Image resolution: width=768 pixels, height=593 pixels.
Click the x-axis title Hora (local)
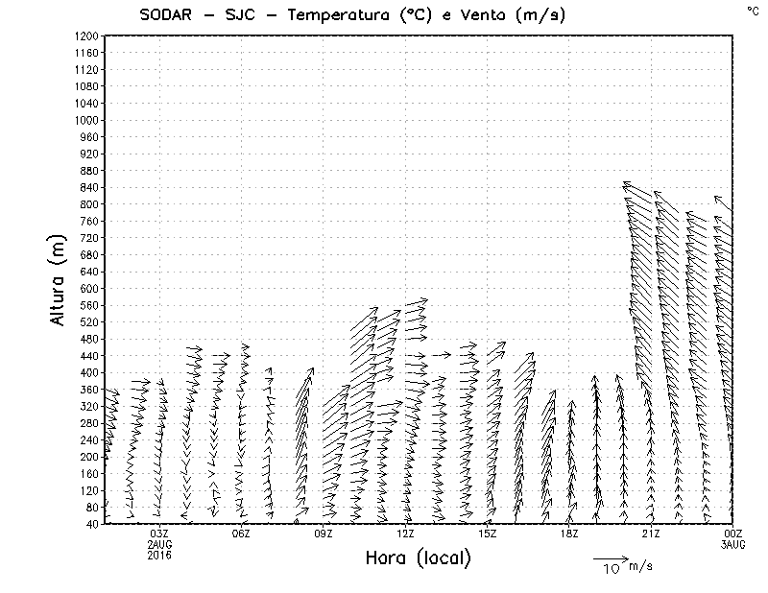tap(418, 558)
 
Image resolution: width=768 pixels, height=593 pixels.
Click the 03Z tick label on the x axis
tap(159, 534)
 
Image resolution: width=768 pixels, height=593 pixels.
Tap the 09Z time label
tap(324, 534)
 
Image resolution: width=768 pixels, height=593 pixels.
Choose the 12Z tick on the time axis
tap(405, 534)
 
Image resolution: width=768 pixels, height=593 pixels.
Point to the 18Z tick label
tap(569, 534)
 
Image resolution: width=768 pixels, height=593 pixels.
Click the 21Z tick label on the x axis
tap(651, 534)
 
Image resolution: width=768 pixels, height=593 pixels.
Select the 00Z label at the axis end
tap(732, 534)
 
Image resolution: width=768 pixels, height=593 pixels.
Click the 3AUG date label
tap(732, 544)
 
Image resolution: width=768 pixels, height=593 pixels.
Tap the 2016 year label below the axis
tap(159, 555)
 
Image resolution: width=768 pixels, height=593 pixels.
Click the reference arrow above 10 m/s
tap(610, 557)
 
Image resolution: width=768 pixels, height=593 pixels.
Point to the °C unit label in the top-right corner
tap(752, 10)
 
